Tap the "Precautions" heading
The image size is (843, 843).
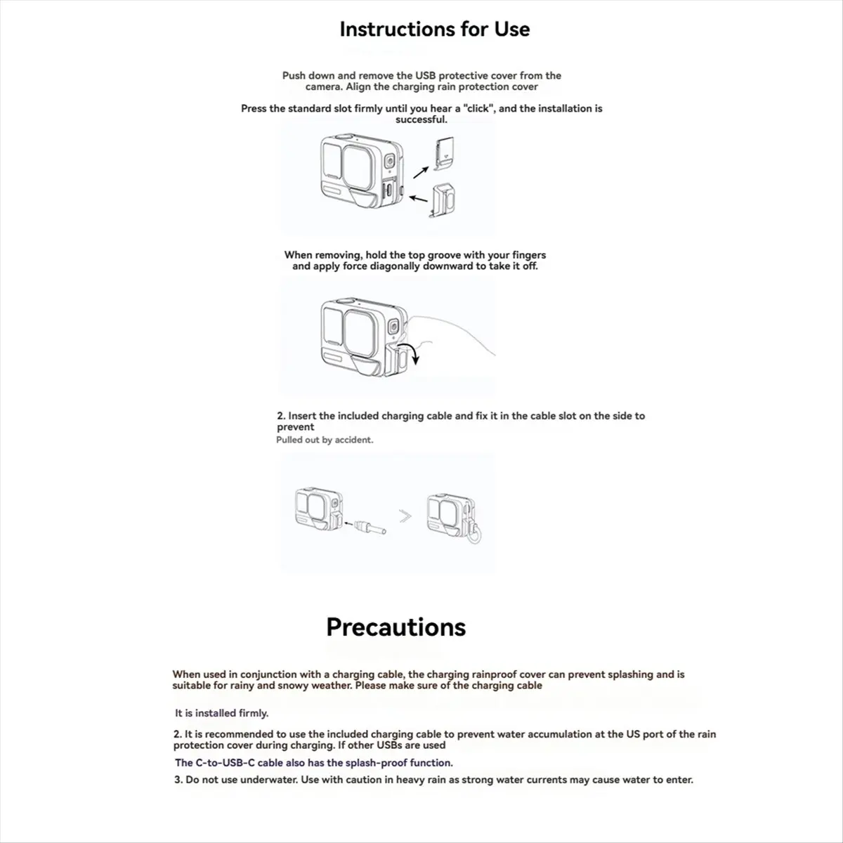[396, 627]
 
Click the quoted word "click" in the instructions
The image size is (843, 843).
[478, 108]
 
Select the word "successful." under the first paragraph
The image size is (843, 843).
[421, 119]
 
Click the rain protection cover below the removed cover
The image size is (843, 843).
[443, 200]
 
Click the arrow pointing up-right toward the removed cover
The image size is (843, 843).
[421, 172]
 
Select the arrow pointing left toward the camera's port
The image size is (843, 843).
[419, 199]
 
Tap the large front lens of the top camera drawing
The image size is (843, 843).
[358, 169]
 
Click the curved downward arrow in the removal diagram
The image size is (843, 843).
[412, 351]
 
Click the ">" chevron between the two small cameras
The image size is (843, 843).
[405, 516]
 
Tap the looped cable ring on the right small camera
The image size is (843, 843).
[474, 534]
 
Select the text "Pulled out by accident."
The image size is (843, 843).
[325, 440]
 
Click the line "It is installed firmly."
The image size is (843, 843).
[222, 713]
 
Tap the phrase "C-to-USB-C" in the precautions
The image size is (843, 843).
[225, 762]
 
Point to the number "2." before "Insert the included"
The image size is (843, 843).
[281, 416]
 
